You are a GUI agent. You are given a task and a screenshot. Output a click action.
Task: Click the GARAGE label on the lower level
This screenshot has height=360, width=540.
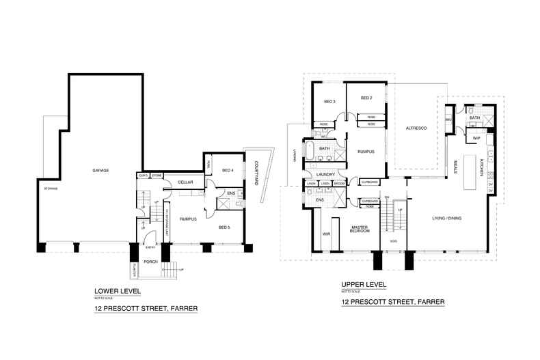(101, 170)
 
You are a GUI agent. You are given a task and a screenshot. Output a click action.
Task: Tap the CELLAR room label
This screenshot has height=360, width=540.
(185, 182)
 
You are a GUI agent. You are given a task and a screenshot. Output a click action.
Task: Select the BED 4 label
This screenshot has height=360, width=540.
(229, 170)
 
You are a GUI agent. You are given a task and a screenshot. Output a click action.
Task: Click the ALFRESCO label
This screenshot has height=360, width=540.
(416, 128)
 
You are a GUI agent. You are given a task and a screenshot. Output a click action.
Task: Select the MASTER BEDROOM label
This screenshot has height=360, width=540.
(360, 230)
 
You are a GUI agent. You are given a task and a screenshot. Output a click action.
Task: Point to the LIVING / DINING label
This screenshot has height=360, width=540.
(447, 219)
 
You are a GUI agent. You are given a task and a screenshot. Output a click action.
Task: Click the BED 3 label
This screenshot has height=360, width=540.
(329, 100)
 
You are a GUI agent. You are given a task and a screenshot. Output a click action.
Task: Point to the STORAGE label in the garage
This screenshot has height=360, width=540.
(50, 188)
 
